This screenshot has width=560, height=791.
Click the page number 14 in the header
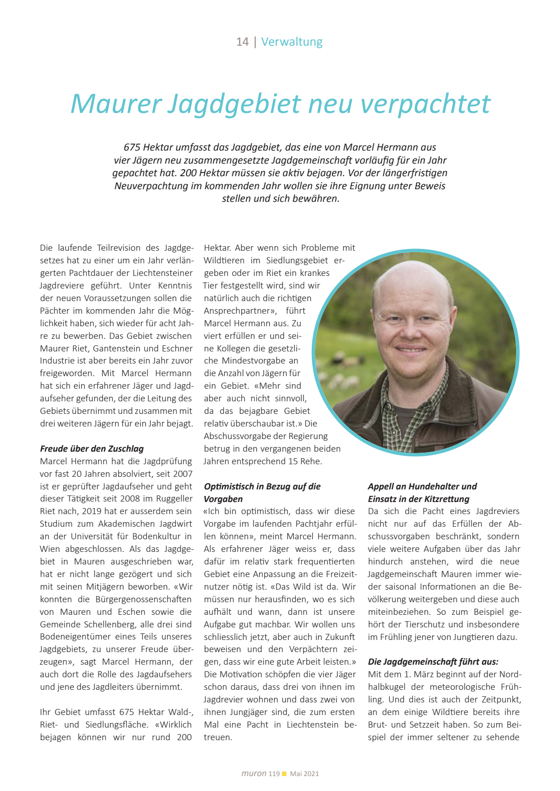point(242,42)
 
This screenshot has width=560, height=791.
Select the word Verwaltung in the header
point(292,42)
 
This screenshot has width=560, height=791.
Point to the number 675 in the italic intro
point(132,147)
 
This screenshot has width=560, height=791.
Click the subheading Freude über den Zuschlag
point(92,448)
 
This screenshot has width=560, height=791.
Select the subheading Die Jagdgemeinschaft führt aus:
point(433,661)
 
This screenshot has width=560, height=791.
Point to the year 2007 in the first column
point(182,474)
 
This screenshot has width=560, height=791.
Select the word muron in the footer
point(254,773)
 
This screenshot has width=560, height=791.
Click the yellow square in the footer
point(284,774)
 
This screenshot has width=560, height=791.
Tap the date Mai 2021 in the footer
point(304,774)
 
